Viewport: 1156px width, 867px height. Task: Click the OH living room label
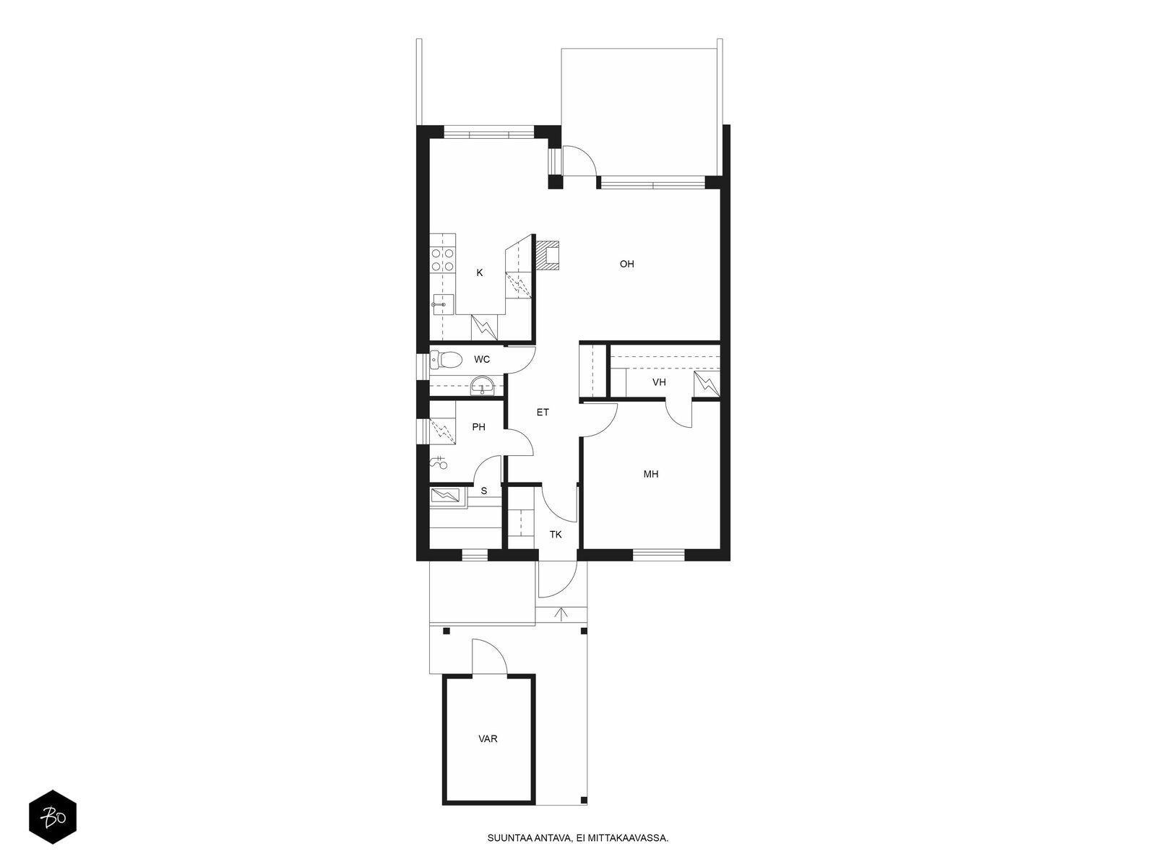click(626, 264)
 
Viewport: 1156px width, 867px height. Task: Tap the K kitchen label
click(479, 272)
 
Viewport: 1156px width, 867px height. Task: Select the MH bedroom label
click(650, 474)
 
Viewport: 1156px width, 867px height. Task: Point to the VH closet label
click(659, 382)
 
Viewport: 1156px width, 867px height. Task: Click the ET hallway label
click(543, 413)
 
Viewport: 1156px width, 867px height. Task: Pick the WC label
click(482, 360)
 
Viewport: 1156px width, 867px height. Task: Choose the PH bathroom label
click(479, 427)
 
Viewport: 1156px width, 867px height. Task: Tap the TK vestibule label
click(556, 535)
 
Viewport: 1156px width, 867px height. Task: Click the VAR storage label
click(488, 739)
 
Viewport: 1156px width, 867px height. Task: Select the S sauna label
click(484, 491)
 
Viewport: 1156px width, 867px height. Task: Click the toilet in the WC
click(446, 360)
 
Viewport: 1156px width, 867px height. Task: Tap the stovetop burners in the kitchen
click(442, 260)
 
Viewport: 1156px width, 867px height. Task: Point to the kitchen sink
click(442, 305)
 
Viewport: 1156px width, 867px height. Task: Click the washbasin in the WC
click(482, 385)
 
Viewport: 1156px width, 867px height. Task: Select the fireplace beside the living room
click(548, 256)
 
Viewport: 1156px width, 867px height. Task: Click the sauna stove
click(446, 496)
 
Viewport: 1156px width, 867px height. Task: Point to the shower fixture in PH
click(439, 462)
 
